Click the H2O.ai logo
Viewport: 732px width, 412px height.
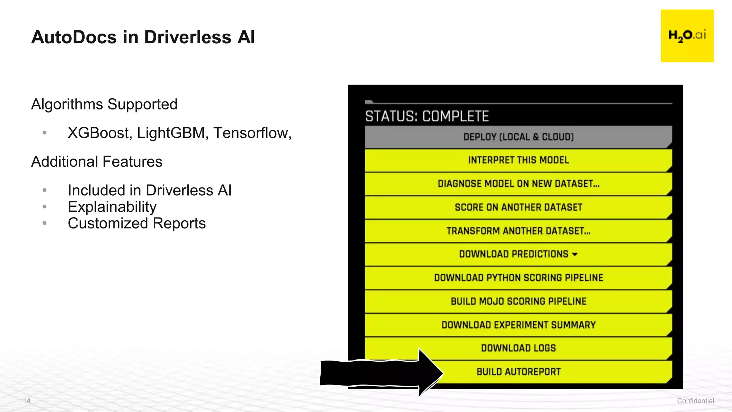pos(687,36)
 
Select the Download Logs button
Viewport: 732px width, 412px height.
pos(518,348)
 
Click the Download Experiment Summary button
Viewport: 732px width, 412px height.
pos(518,325)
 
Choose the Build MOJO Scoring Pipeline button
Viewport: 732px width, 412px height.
pos(518,301)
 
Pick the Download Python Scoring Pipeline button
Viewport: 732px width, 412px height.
pos(518,278)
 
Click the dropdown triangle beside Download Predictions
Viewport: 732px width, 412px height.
pos(575,254)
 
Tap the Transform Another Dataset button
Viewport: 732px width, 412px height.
pos(518,231)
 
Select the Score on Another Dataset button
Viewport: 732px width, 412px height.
pos(518,207)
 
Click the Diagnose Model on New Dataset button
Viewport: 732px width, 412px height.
pos(518,183)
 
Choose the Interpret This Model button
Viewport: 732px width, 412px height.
pos(518,160)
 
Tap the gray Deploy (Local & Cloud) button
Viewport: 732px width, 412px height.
pos(518,137)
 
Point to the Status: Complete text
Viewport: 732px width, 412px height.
pos(427,116)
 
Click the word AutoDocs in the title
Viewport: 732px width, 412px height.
pos(74,37)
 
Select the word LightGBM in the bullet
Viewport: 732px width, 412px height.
pos(171,133)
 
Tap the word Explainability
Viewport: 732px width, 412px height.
pos(112,207)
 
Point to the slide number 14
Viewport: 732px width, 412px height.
pos(27,401)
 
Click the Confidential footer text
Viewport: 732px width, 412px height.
pos(695,401)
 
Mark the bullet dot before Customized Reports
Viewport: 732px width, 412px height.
pos(44,223)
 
